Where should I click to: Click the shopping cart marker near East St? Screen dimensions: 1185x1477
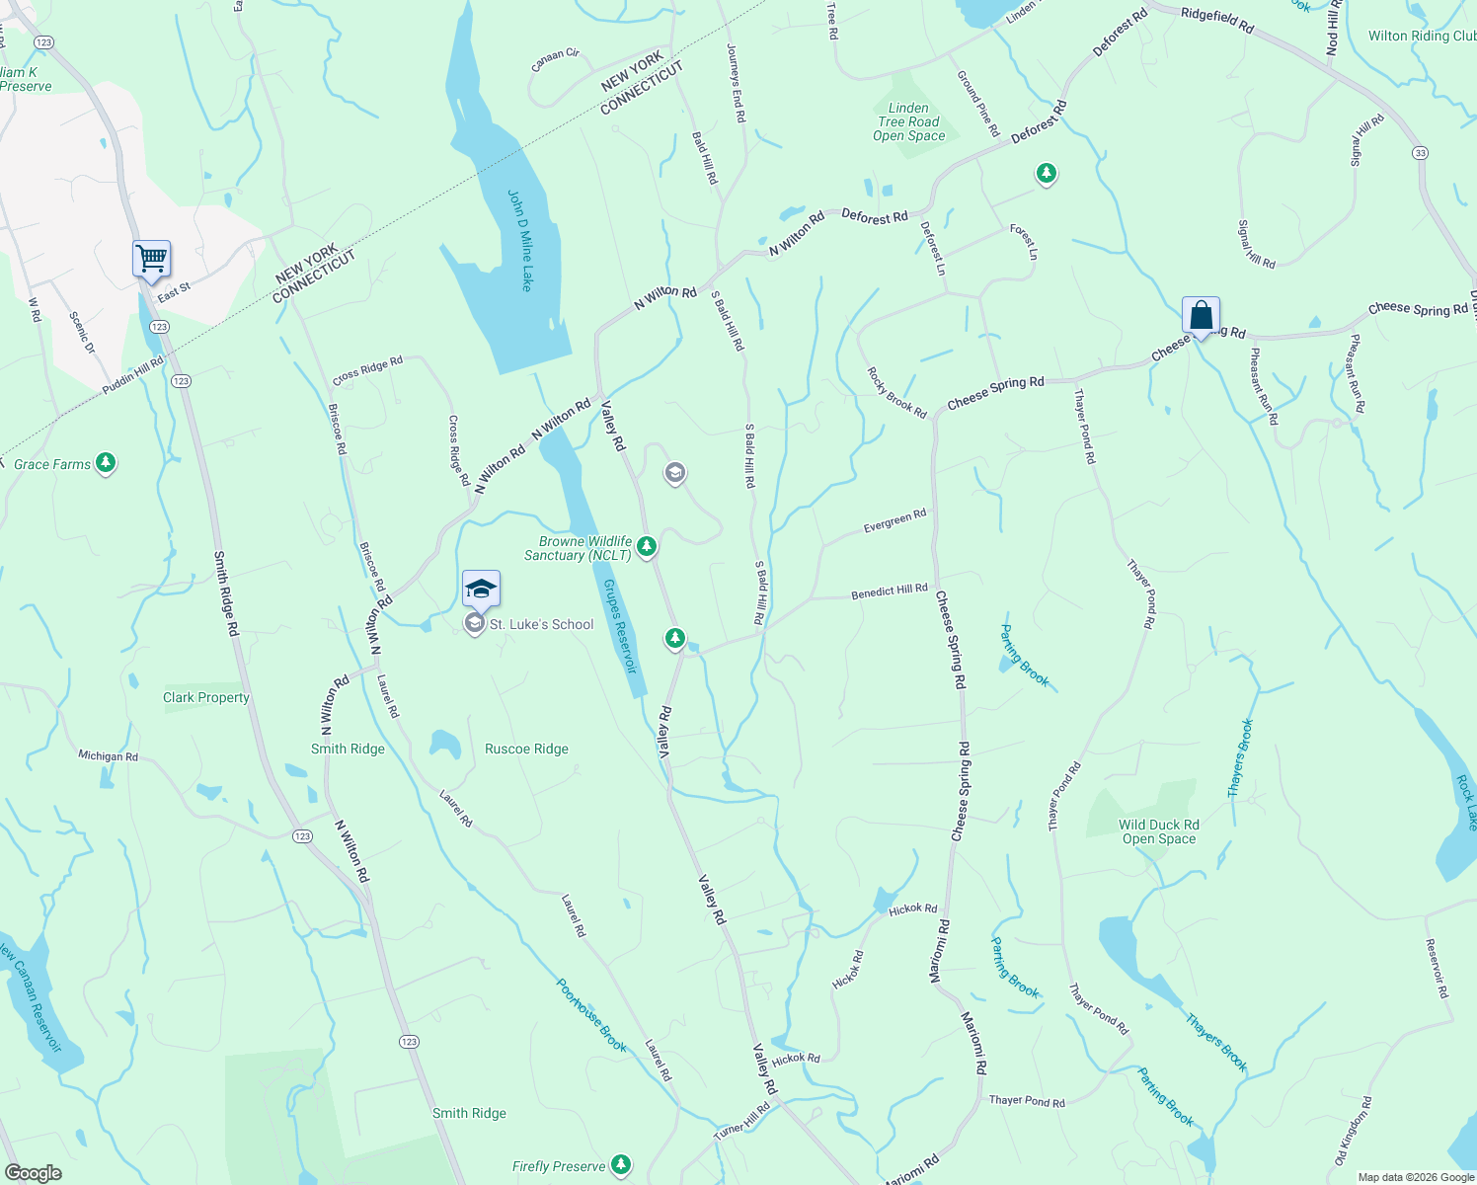tap(151, 260)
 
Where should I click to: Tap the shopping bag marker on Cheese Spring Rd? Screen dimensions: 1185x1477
tap(1201, 317)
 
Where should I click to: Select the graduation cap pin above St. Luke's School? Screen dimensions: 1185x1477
tap(481, 590)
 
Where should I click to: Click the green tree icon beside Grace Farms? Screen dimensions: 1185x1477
tap(106, 463)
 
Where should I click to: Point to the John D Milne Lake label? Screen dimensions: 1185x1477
tap(520, 240)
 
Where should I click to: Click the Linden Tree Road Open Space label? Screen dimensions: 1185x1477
tap(908, 122)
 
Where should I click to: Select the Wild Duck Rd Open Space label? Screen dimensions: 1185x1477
tap(1158, 831)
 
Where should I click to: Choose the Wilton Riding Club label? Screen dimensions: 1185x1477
tap(1422, 36)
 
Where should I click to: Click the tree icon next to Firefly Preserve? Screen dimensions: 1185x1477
tap(621, 1165)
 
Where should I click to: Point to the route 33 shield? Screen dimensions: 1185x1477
tap(1420, 153)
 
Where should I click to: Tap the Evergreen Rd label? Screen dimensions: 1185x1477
tap(894, 520)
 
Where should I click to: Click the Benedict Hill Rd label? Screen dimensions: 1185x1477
tap(890, 592)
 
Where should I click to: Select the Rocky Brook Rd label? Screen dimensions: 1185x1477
tap(896, 393)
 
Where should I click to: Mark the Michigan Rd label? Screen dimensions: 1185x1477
tap(109, 755)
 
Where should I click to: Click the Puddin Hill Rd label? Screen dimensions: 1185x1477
tap(133, 376)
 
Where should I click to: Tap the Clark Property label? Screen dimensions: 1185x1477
tap(206, 697)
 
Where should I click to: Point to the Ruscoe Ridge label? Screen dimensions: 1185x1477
tap(526, 749)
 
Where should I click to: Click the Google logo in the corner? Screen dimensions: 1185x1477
tap(34, 1172)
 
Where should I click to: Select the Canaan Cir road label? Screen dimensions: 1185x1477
tap(555, 60)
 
